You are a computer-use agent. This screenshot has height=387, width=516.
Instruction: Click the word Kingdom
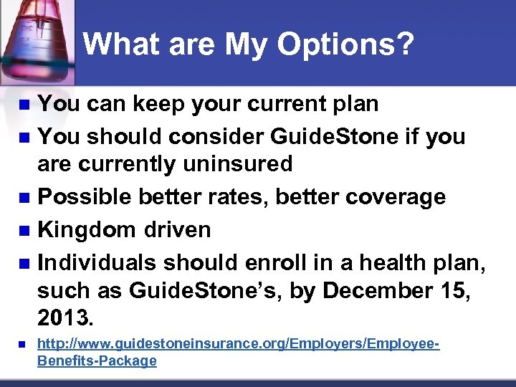pyautogui.click(x=86, y=229)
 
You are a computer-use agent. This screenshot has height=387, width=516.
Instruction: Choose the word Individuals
pyautogui.click(x=97, y=262)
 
